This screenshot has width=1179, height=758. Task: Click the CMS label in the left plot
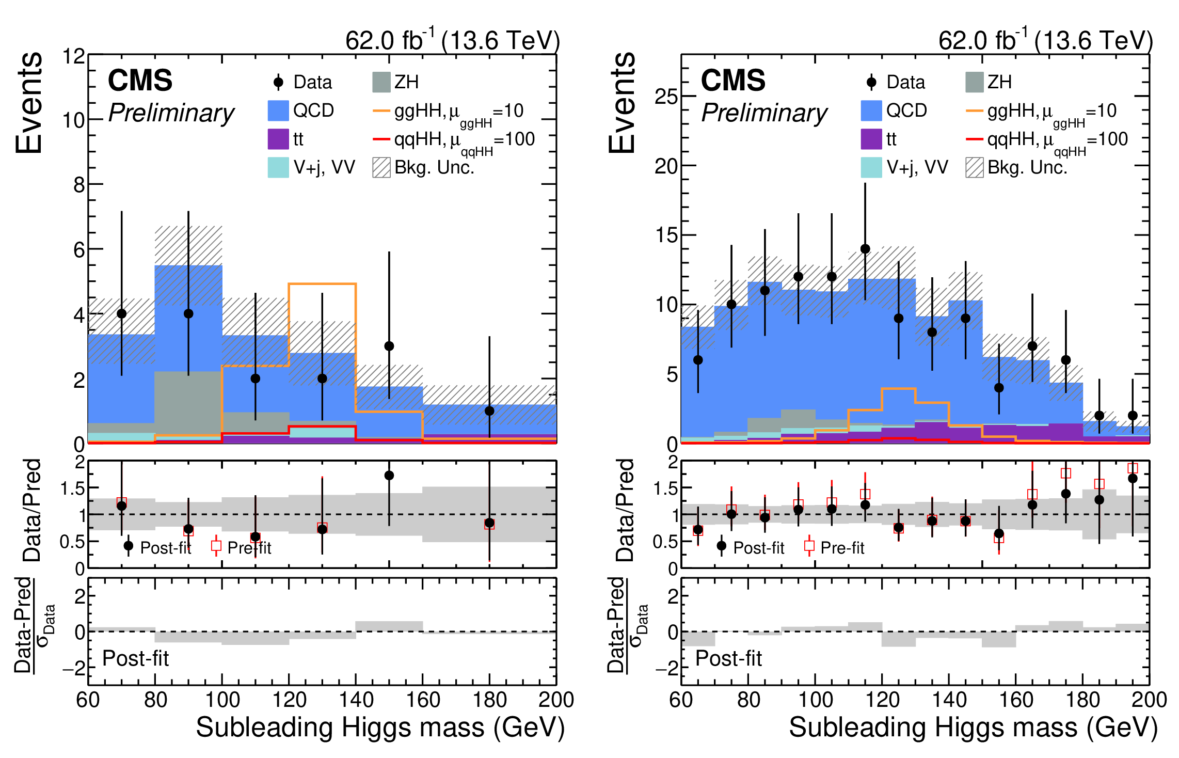coord(140,81)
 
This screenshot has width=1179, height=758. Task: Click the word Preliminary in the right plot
coord(764,113)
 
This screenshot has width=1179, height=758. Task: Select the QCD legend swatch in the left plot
coord(278,110)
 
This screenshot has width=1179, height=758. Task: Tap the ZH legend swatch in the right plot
coord(974,82)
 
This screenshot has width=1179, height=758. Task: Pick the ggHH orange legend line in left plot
coord(381,110)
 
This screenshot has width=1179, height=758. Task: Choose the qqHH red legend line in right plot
coord(974,139)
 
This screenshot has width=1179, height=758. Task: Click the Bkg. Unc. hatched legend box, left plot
coord(381,167)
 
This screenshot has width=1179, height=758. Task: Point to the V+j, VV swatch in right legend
coord(871,167)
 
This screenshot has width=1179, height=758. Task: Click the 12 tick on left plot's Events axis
coord(73,56)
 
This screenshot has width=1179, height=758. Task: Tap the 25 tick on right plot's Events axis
coord(666,96)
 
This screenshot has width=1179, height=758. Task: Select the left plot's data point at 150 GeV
coord(389,346)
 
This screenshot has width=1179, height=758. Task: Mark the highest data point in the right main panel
coord(865,249)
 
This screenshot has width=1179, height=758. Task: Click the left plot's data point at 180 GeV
coord(489,411)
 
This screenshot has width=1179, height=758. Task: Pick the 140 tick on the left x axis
coord(356,700)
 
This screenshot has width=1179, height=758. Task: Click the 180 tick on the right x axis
coord(1083,700)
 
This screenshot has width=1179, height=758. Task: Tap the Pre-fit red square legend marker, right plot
coord(809,546)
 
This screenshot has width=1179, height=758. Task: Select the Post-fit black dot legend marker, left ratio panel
coord(129,546)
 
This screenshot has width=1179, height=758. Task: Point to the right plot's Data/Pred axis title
coord(625,510)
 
